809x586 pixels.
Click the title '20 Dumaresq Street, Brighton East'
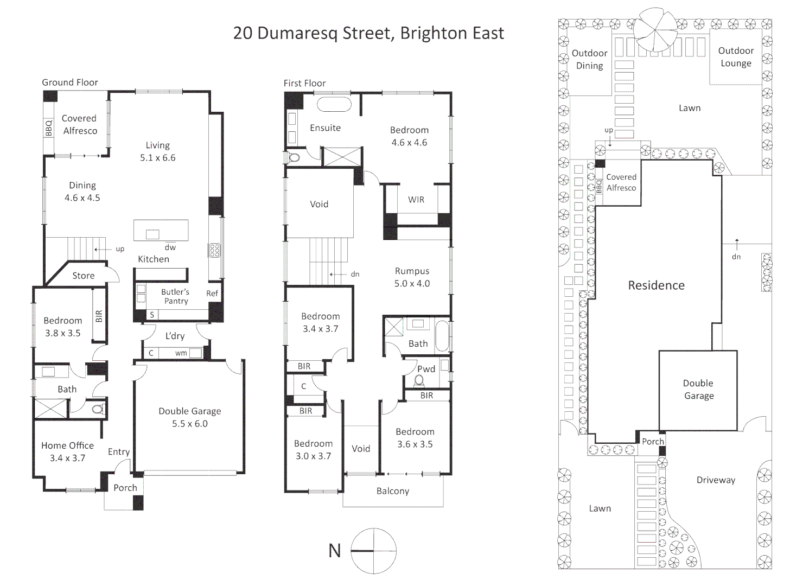[x=368, y=33]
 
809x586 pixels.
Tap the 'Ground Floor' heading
[x=69, y=82]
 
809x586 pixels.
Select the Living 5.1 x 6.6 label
[x=158, y=151]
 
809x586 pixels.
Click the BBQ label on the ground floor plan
[x=49, y=128]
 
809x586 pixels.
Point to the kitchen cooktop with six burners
[x=214, y=250]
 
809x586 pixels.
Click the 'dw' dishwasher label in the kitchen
[x=170, y=247]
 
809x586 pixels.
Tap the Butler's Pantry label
[x=175, y=296]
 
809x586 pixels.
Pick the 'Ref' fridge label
[x=212, y=293]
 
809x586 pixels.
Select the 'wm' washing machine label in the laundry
[x=181, y=353]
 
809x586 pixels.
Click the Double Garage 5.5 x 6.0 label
[x=190, y=417]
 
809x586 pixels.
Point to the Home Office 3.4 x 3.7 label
[x=67, y=451]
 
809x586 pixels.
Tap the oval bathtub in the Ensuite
[x=334, y=105]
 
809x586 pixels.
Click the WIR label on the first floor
[x=416, y=200]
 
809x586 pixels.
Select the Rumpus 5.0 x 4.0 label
[x=412, y=277]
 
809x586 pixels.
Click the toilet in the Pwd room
[x=419, y=381]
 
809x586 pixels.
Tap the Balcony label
[x=393, y=491]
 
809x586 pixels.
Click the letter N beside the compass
[x=335, y=551]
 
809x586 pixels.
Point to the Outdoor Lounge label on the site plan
[x=736, y=57]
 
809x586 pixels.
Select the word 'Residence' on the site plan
[x=656, y=285]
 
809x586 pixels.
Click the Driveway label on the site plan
[x=716, y=480]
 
